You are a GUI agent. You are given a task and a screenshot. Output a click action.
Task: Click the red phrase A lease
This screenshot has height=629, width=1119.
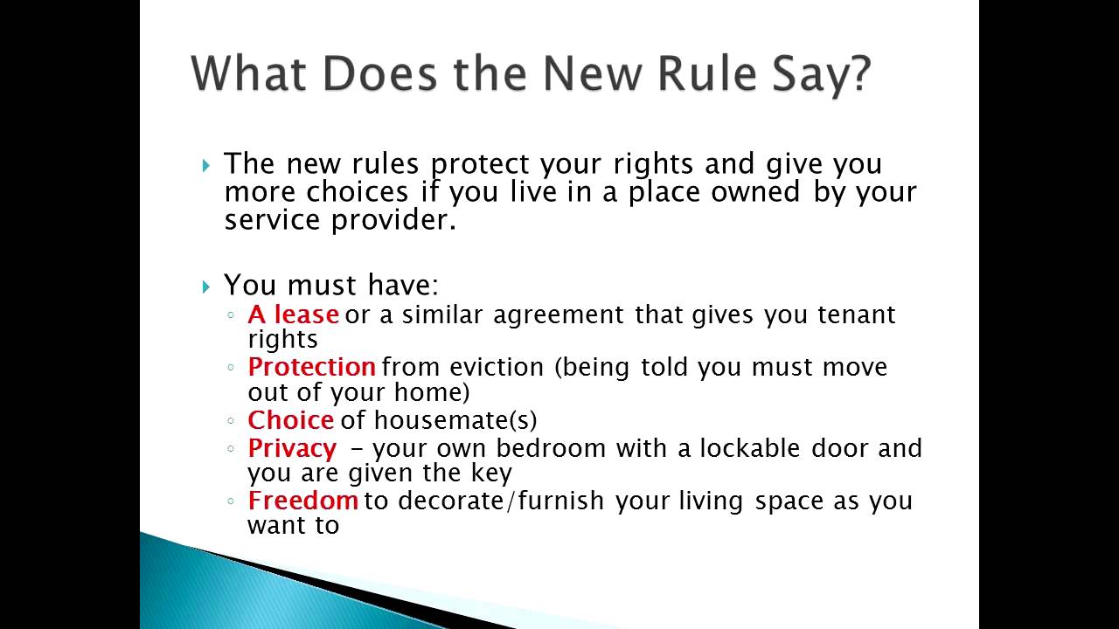tap(293, 314)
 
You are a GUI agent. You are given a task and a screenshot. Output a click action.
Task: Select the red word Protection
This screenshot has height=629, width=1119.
tap(311, 367)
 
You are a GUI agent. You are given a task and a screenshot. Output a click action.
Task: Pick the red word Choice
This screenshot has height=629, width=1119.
tap(290, 420)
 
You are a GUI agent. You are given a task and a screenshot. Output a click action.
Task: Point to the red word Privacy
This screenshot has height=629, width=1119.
tap(292, 449)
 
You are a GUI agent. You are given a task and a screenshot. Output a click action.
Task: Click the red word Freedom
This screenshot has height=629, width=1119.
tap(302, 501)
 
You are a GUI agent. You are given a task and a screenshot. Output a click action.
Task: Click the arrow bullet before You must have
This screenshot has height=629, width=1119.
tap(206, 287)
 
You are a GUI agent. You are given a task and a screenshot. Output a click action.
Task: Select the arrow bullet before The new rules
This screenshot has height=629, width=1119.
tap(206, 165)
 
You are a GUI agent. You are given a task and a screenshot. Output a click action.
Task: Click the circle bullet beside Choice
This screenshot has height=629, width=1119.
tap(230, 421)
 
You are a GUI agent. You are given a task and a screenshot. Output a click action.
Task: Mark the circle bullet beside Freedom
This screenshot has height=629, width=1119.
tap(230, 501)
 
